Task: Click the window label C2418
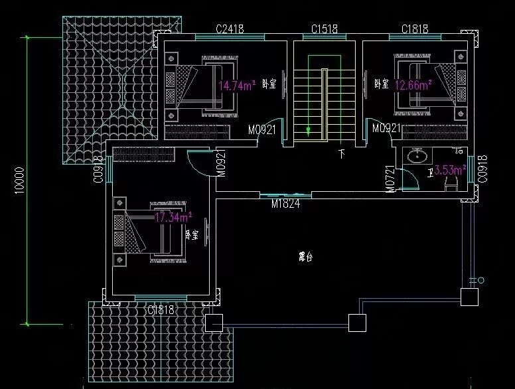[230, 29]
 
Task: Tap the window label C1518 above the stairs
[325, 29]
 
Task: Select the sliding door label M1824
[285, 204]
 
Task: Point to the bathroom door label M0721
[390, 179]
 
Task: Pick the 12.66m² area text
[413, 84]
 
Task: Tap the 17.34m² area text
[173, 216]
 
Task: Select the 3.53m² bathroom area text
[449, 171]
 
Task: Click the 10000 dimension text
[20, 179]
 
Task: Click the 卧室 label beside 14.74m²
[269, 84]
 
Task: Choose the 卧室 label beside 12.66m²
[381, 84]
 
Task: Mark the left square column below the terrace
[214, 323]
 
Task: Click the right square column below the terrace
[357, 323]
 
